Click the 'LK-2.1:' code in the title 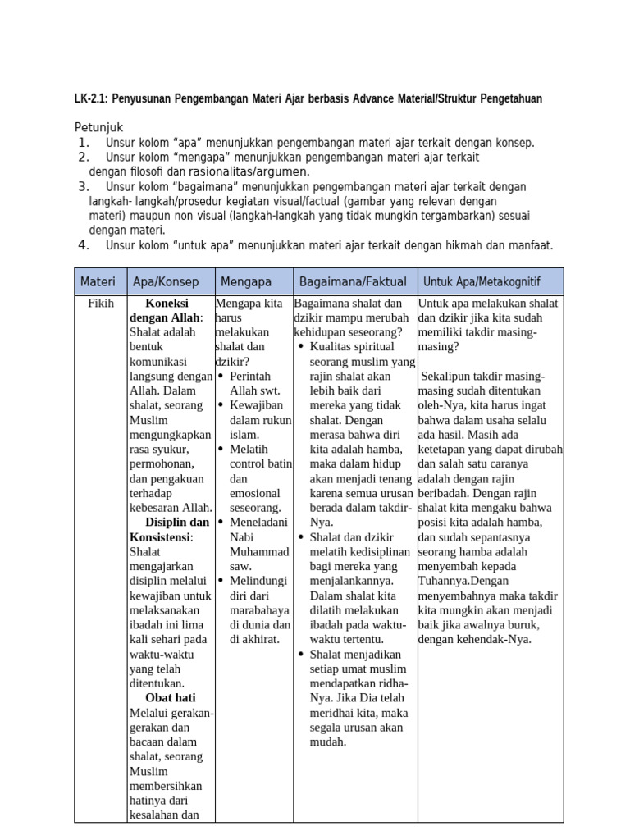[91, 99]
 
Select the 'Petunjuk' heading [98, 128]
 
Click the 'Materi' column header [98, 281]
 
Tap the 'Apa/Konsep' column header [166, 281]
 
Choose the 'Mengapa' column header [245, 281]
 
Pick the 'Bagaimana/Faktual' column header [353, 281]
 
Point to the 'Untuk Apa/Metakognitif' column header [482, 281]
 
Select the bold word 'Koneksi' [167, 303]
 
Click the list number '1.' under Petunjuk [84, 143]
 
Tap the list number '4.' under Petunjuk [84, 245]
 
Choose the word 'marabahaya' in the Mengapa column [259, 610]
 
